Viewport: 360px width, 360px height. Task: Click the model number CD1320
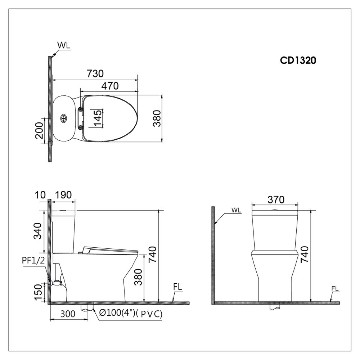[x=298, y=61]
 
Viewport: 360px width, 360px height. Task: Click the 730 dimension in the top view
[x=95, y=73]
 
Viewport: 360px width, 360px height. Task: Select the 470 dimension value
[x=109, y=86]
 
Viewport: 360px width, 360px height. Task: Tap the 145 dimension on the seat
[x=98, y=118]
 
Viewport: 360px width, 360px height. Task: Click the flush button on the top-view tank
[x=64, y=118]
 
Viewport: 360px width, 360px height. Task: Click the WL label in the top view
[x=63, y=46]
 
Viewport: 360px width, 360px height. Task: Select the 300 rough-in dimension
[x=68, y=314]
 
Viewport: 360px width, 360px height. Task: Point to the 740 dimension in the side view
[x=153, y=256]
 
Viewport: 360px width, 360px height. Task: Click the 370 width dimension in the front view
[x=276, y=199]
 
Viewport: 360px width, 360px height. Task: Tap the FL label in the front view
[x=334, y=289]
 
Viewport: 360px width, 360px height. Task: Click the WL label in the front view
[x=236, y=210]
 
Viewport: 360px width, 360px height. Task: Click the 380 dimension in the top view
[x=157, y=118]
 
